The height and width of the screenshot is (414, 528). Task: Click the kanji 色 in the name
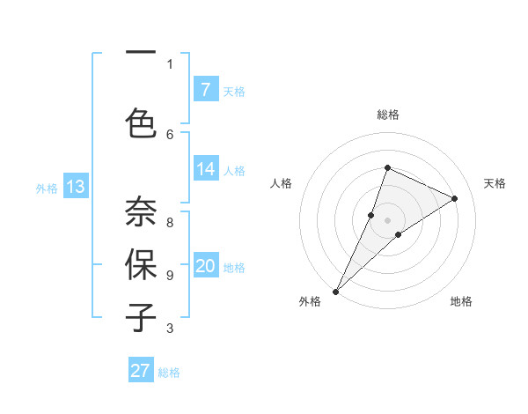click(141, 123)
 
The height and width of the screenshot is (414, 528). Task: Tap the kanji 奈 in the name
click(141, 211)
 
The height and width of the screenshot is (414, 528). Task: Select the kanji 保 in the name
click(141, 265)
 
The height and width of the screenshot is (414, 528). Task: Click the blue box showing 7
click(205, 89)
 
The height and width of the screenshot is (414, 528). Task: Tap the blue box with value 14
click(205, 170)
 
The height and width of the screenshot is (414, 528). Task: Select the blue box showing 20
click(205, 267)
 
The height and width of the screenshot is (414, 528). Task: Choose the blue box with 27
click(141, 371)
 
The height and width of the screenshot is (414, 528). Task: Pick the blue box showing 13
click(76, 187)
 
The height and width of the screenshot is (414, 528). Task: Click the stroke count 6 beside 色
click(170, 134)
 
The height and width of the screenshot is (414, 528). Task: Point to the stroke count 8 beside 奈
click(170, 223)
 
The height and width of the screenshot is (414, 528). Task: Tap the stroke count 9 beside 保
click(170, 275)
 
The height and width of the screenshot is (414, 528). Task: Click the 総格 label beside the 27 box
click(169, 373)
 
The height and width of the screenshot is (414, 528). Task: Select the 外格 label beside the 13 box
click(47, 188)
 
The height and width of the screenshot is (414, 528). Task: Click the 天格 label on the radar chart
click(495, 183)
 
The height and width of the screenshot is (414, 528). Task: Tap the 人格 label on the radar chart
click(281, 183)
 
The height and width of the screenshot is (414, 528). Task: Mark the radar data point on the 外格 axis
click(335, 292)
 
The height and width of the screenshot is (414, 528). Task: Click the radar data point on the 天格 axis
click(455, 198)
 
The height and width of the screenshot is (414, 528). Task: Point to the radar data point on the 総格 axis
click(387, 167)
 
